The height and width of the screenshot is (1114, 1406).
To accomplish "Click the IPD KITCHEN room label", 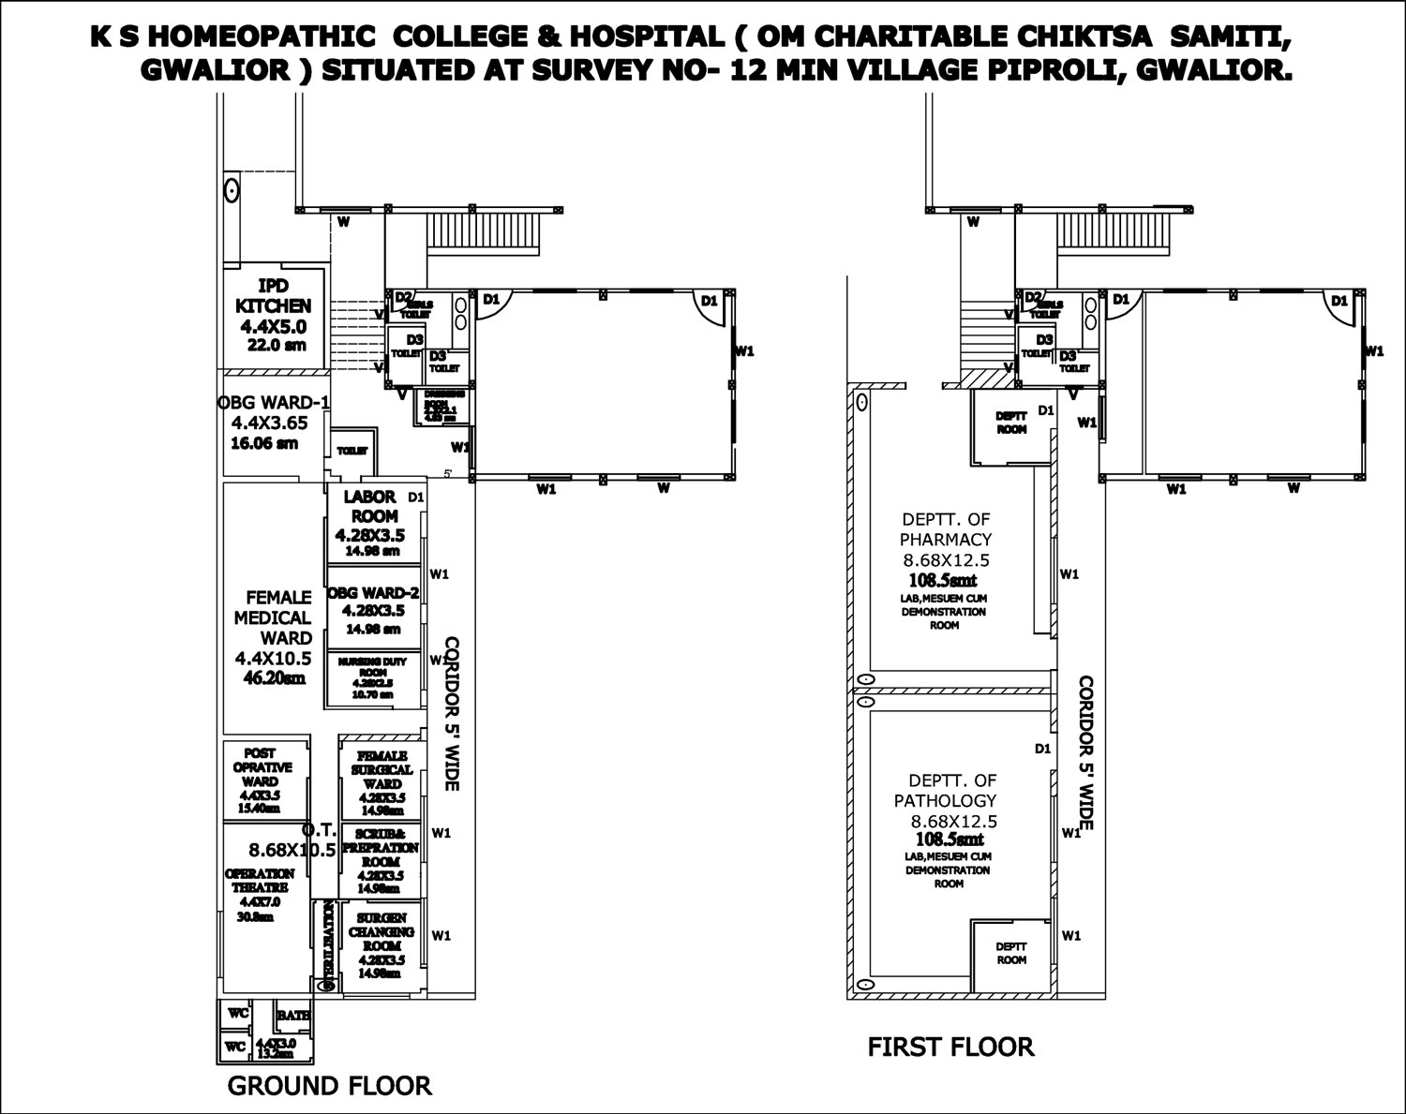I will point(273,295).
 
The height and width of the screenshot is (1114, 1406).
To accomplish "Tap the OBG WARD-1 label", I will point(273,403).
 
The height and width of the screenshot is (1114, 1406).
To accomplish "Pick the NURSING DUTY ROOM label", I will point(372,666).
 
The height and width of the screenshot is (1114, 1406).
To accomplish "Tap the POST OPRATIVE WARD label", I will point(260,766).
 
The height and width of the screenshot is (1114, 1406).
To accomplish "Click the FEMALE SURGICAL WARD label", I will point(381,769).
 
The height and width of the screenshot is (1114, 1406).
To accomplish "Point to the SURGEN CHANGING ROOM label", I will point(381,931).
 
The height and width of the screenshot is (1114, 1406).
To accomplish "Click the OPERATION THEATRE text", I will point(260,880).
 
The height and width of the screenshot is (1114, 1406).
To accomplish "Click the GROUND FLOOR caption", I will point(330,1086).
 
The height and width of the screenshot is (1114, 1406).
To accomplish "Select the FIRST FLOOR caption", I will point(950,1047).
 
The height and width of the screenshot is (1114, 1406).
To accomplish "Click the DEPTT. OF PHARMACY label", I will point(946,528).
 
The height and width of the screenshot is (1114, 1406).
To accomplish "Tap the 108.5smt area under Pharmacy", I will point(945,581).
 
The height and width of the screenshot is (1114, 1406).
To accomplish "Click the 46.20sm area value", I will point(274,679).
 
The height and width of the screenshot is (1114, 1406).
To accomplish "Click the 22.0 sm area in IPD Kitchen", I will point(277,345).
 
